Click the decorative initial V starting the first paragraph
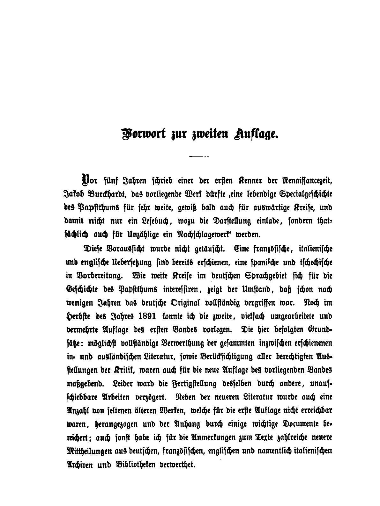tap(86, 181)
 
